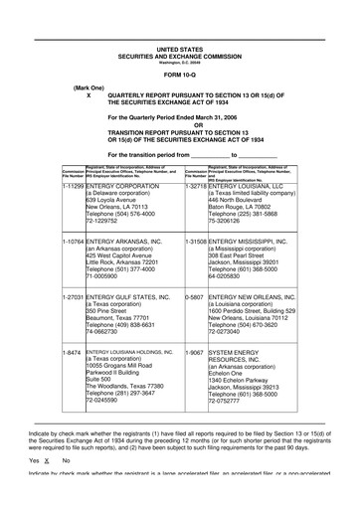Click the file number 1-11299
(72, 184)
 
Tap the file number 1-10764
(72, 240)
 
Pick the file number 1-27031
(72, 296)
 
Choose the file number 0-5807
(195, 296)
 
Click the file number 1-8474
(70, 352)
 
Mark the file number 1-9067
(195, 352)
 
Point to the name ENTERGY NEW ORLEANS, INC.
(261, 296)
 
